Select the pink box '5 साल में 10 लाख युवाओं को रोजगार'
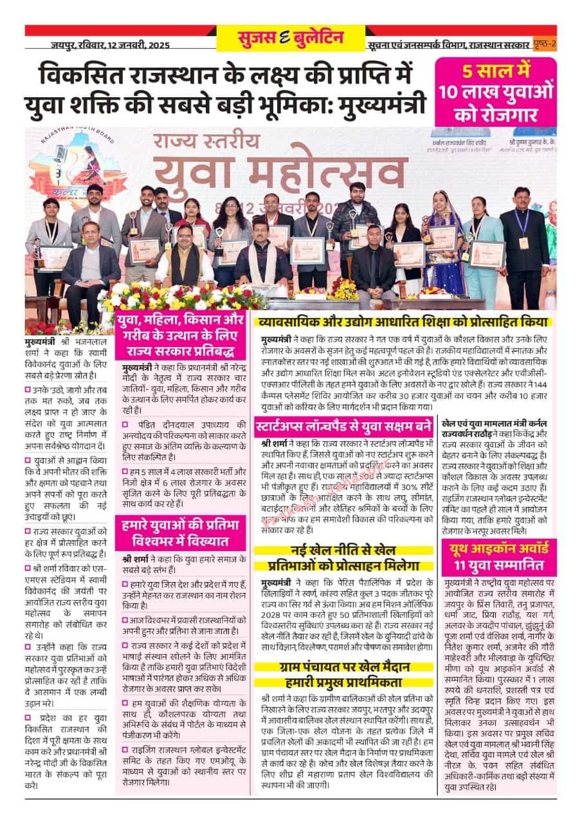coord(495,91)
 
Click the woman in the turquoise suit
coord(473,251)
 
